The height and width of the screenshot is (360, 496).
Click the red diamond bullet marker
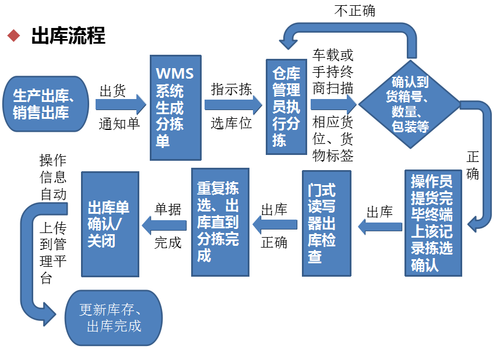click(13, 36)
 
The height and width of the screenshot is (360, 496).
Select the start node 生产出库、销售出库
click(45, 104)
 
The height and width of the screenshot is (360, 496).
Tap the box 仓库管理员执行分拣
click(286, 107)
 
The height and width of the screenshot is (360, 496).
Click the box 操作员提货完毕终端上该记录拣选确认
click(433, 223)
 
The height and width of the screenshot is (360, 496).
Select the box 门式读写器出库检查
click(326, 223)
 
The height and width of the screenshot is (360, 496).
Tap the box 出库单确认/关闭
click(110, 224)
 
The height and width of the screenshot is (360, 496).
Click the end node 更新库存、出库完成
click(113, 318)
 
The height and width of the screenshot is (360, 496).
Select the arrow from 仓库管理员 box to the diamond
click(333, 104)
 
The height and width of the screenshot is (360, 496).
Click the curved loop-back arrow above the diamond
click(350, 30)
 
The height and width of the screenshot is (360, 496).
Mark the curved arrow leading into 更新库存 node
click(29, 262)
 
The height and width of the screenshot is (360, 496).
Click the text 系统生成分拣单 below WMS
click(170, 116)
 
